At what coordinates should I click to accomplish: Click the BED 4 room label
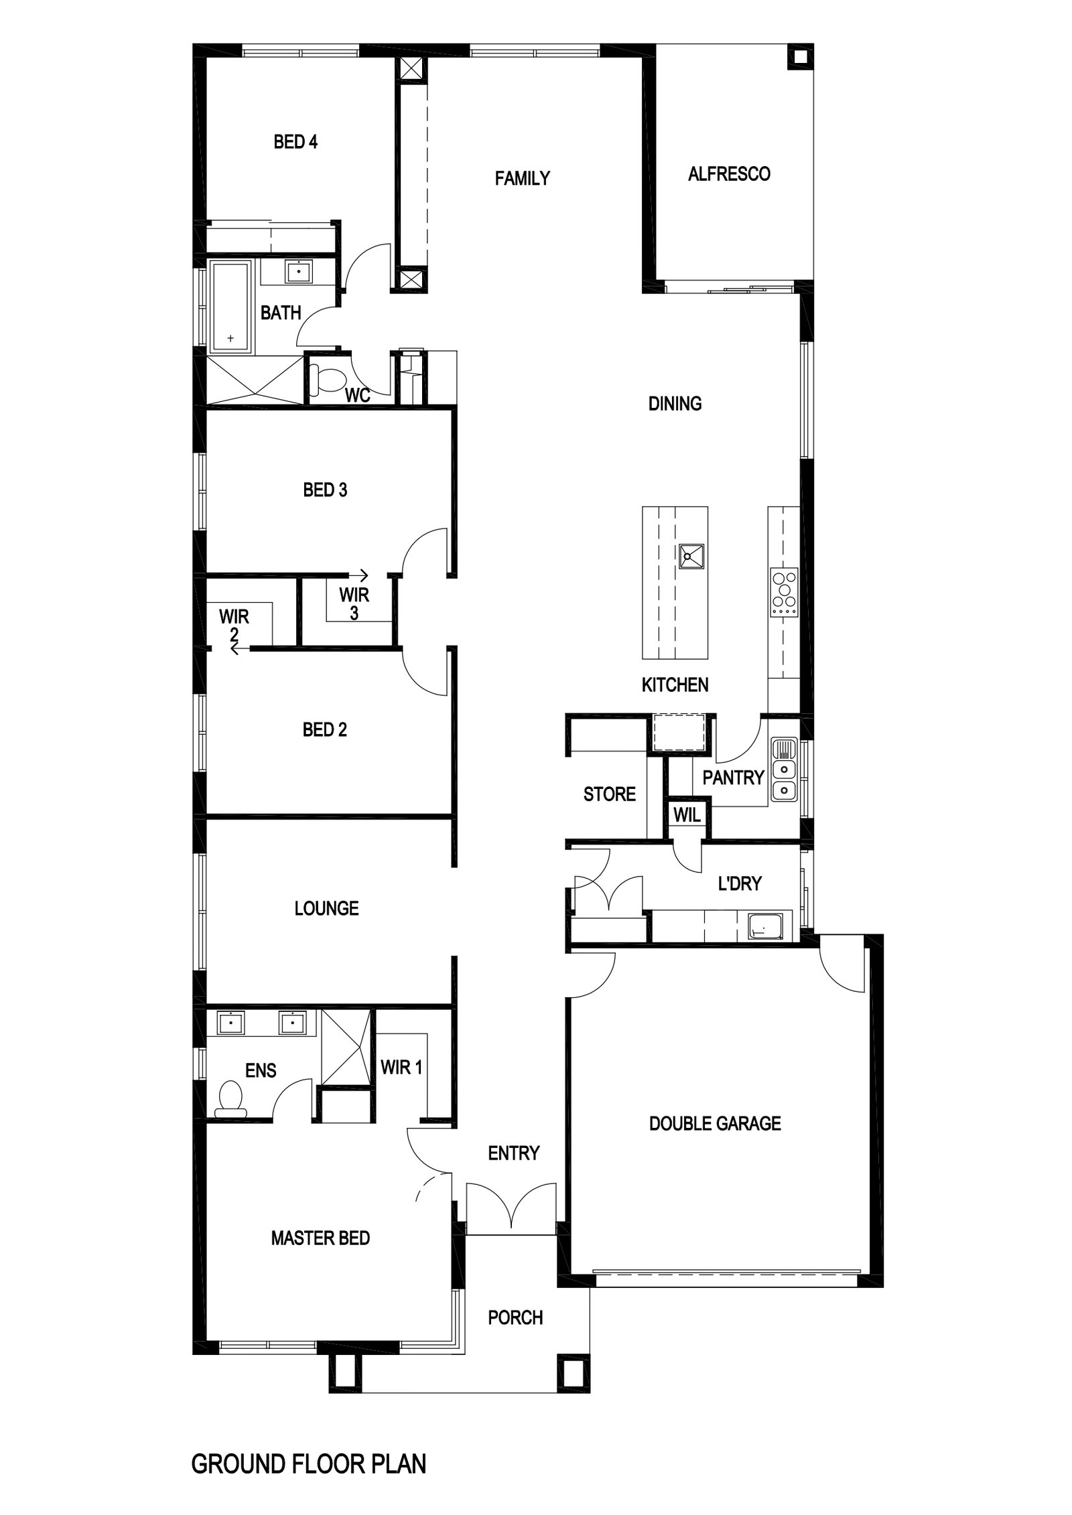pyautogui.click(x=295, y=142)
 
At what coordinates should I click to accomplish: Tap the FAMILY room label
pyautogui.click(x=522, y=178)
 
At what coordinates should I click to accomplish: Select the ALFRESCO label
pyautogui.click(x=729, y=174)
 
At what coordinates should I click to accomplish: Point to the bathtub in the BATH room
pyautogui.click(x=230, y=307)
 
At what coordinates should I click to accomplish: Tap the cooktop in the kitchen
pyautogui.click(x=784, y=592)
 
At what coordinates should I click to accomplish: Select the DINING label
pyautogui.click(x=675, y=403)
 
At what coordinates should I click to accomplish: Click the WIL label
pyautogui.click(x=687, y=815)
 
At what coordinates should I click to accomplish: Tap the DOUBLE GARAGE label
pyautogui.click(x=715, y=1123)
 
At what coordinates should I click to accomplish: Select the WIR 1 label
pyautogui.click(x=401, y=1067)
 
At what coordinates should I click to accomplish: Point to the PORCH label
pyautogui.click(x=515, y=1317)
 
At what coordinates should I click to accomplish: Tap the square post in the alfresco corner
pyautogui.click(x=799, y=58)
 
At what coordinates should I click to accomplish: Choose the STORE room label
pyautogui.click(x=609, y=794)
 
